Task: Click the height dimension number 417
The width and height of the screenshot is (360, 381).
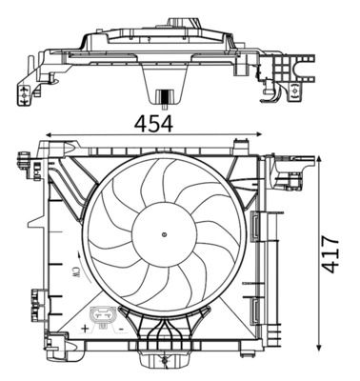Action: click(x=330, y=254)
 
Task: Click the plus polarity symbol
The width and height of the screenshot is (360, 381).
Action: click(x=86, y=328)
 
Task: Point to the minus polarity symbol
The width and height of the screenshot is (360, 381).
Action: click(x=122, y=328)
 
